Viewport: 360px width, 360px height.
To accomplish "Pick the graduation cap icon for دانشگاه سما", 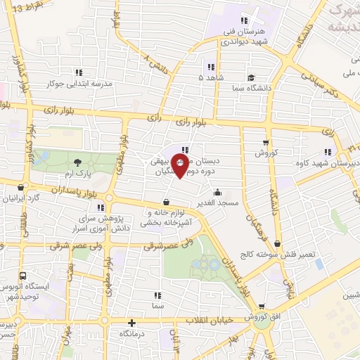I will pos(252,77).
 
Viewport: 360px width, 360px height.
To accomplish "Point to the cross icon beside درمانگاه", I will pos(130,323).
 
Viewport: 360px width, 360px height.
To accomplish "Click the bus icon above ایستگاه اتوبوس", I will pos(23,276).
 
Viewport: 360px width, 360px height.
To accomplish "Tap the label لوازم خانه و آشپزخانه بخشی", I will pos(167,217).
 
